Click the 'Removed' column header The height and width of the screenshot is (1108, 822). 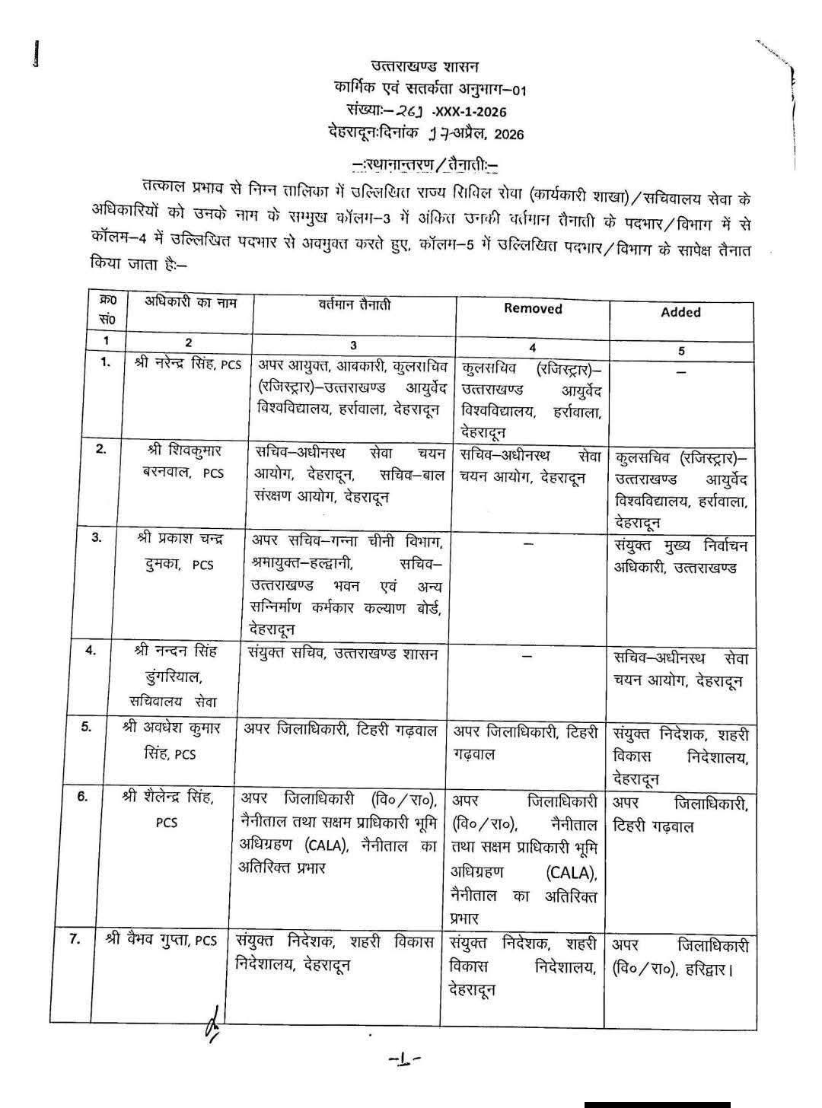pyautogui.click(x=533, y=308)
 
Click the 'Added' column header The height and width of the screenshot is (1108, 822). pyautogui.click(x=680, y=312)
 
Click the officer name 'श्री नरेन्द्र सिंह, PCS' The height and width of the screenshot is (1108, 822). pyautogui.click(x=187, y=364)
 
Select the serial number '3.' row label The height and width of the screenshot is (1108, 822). pyautogui.click(x=97, y=538)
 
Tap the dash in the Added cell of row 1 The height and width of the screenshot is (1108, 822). pyautogui.click(x=681, y=371)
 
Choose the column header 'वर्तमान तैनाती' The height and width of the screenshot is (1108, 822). pyautogui.click(x=355, y=304)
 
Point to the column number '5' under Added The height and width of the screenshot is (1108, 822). pyautogui.click(x=681, y=351)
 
